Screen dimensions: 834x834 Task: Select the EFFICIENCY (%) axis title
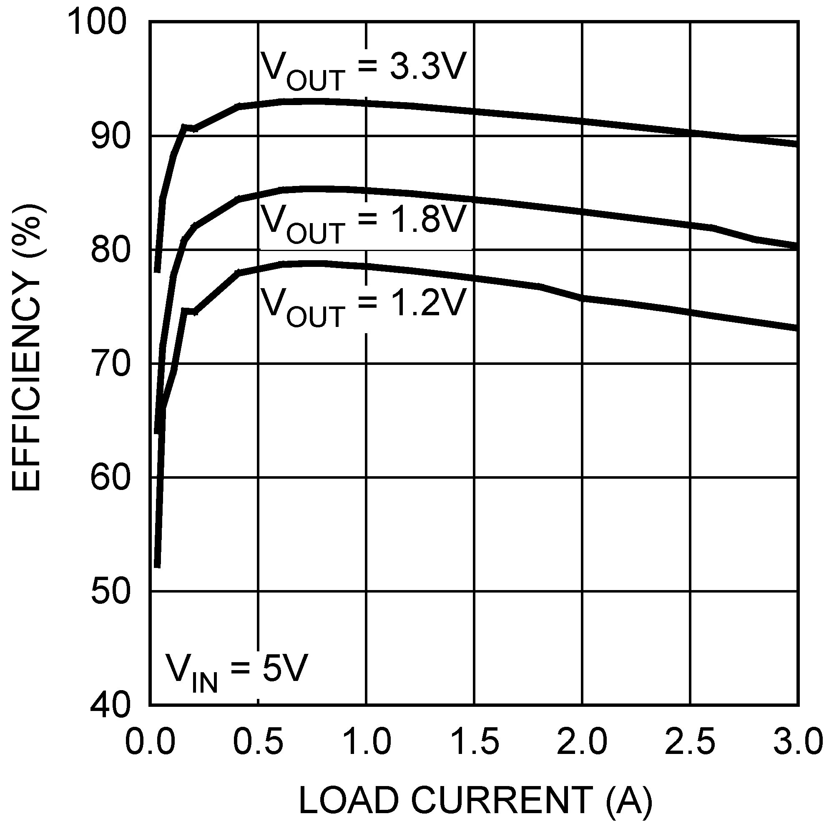tap(27, 348)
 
